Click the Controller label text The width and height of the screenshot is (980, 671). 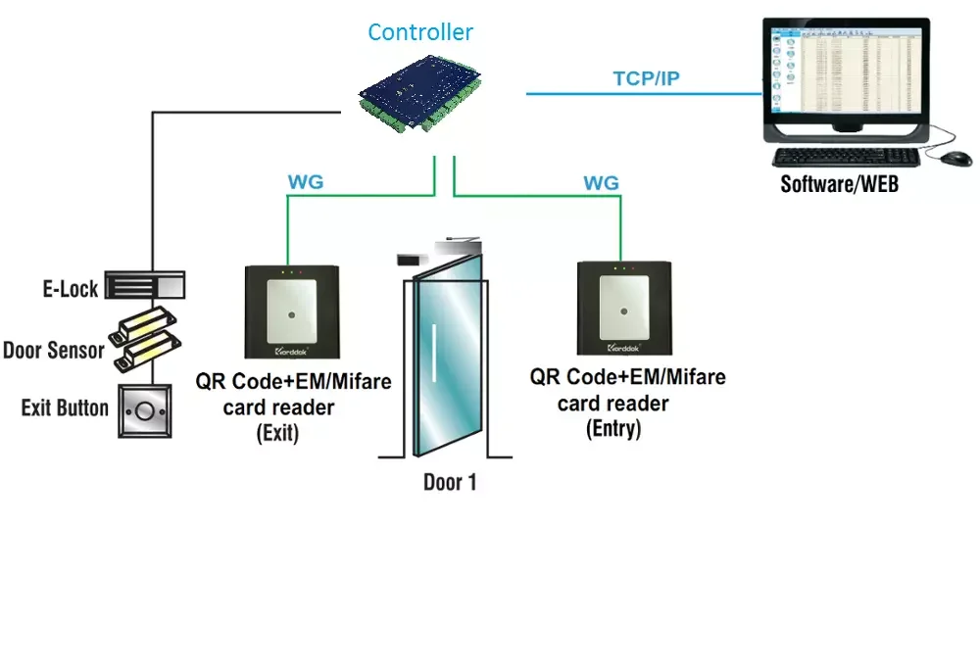pyautogui.click(x=420, y=32)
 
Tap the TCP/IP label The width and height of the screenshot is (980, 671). pyautogui.click(x=646, y=79)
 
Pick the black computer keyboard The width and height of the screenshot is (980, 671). pyautogui.click(x=843, y=158)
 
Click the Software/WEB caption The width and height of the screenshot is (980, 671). pyautogui.click(x=839, y=183)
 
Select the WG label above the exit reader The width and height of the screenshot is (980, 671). pyautogui.click(x=306, y=182)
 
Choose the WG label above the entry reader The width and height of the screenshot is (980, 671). pyautogui.click(x=601, y=183)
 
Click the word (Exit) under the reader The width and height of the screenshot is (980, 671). pyautogui.click(x=276, y=432)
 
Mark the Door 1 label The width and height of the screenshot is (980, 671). pyautogui.click(x=450, y=482)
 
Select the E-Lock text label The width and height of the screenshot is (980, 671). pyautogui.click(x=70, y=288)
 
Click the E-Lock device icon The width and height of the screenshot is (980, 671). pyautogui.click(x=145, y=286)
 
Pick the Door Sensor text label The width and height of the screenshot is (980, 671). pyautogui.click(x=54, y=350)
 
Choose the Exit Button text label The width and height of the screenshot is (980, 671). pyautogui.click(x=65, y=407)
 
